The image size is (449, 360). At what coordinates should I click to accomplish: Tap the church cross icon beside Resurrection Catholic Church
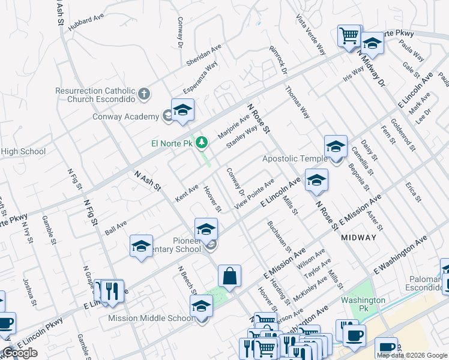pos(143,94)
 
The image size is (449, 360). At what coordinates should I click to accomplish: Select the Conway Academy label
pos(125,116)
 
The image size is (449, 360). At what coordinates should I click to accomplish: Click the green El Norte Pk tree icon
pos(203,142)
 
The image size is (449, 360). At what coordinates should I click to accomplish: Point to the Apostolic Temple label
pos(295,159)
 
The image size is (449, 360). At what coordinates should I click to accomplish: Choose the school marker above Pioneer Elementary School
pos(206,229)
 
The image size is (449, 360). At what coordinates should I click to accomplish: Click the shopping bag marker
pos(229,277)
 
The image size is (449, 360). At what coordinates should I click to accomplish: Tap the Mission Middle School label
pos(151,319)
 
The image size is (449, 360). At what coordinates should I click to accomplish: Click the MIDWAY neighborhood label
pos(358,238)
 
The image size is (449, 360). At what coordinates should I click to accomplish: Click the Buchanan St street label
pos(279,236)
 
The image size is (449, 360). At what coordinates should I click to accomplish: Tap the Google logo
pos(20,353)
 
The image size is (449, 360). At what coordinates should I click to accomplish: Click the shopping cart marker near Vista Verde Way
pos(349,35)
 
